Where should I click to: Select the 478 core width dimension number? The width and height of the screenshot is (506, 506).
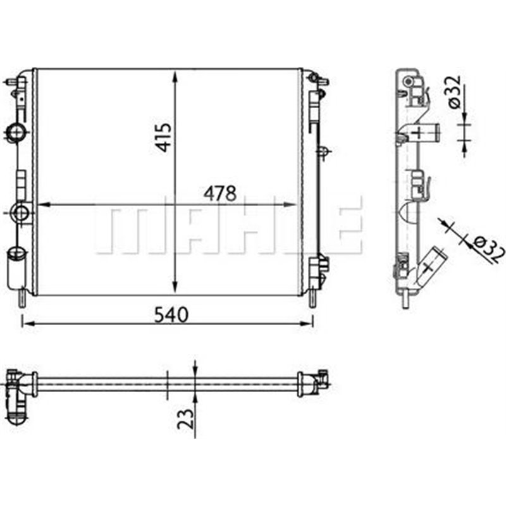click(219, 192)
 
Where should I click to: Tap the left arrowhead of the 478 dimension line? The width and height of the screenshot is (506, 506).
click(43, 205)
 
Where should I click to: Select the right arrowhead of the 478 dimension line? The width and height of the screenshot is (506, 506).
click(292, 205)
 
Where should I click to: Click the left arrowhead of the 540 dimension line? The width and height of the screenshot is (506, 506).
click(27, 324)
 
